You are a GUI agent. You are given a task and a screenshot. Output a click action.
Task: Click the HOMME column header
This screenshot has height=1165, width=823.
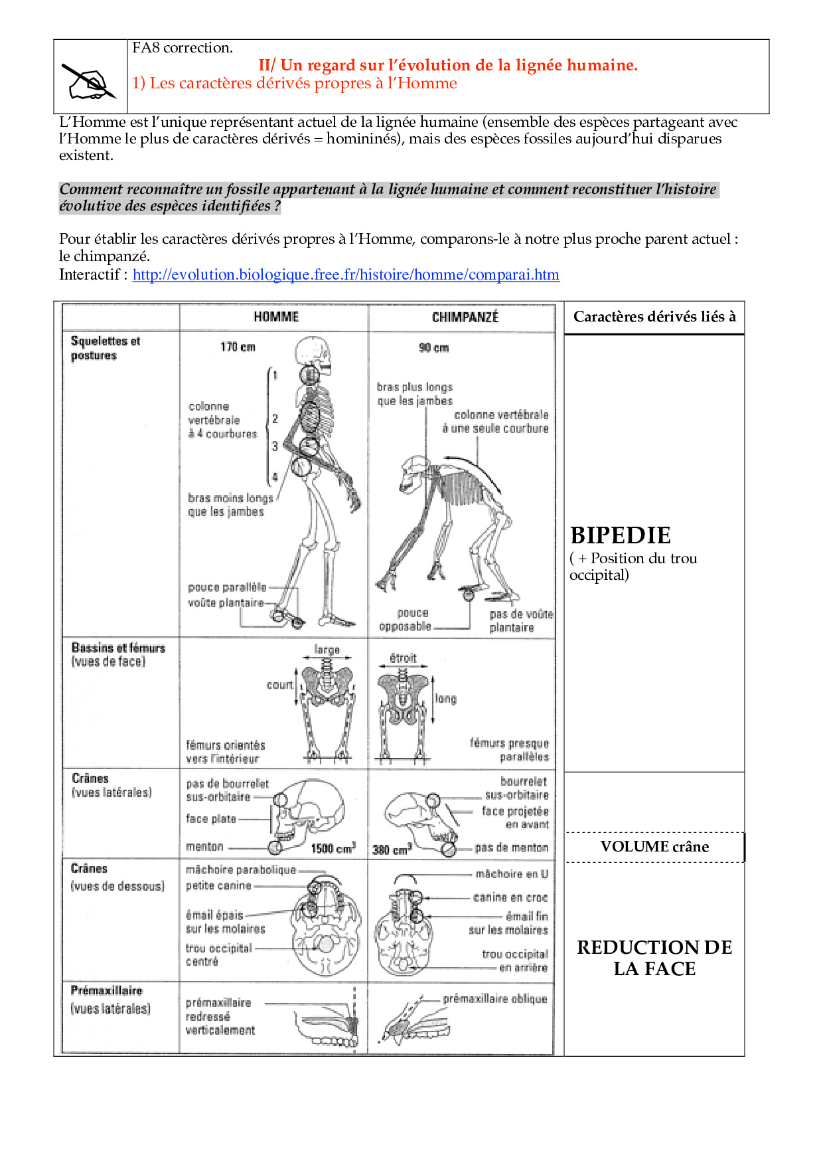[276, 317]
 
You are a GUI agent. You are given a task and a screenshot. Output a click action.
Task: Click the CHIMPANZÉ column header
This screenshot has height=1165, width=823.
[465, 317]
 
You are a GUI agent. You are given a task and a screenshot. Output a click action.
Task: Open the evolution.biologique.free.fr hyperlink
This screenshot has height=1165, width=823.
[346, 274]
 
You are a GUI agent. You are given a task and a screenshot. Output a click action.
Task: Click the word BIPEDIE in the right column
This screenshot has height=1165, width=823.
[620, 535]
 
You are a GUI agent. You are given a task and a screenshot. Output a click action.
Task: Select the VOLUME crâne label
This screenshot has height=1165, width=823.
[654, 846]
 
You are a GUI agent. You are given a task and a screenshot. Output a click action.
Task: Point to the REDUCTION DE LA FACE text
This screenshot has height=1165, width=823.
[654, 957]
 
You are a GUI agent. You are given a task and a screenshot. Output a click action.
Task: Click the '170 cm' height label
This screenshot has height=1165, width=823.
[238, 347]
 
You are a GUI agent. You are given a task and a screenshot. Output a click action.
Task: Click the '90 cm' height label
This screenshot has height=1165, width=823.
[433, 347]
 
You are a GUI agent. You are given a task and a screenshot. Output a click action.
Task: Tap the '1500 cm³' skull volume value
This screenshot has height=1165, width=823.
[333, 848]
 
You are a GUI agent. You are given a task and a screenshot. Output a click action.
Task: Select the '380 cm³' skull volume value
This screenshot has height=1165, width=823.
[392, 849]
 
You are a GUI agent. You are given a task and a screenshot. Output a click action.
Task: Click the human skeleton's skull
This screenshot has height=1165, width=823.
[313, 351]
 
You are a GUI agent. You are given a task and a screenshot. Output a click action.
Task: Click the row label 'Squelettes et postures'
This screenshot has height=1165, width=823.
[105, 348]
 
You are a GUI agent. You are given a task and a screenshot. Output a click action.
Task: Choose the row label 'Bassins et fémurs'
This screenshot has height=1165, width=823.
[118, 648]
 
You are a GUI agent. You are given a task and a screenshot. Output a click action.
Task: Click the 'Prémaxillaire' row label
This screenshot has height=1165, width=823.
[106, 990]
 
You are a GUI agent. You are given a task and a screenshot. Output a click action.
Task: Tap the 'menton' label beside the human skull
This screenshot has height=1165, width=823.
[204, 846]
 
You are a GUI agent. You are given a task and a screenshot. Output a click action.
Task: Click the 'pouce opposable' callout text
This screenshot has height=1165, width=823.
[406, 619]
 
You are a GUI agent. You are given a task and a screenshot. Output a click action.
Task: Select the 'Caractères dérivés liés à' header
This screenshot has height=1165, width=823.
[654, 317]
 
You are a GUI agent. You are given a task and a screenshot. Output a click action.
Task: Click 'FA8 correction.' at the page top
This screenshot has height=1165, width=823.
[182, 48]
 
